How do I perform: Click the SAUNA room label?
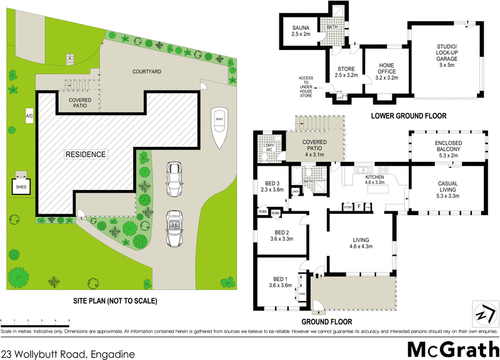coord(304,31)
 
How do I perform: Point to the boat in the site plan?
coord(219,128)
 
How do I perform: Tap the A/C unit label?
coord(29,116)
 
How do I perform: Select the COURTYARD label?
coord(147,72)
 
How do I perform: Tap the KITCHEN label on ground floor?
coord(375,180)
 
